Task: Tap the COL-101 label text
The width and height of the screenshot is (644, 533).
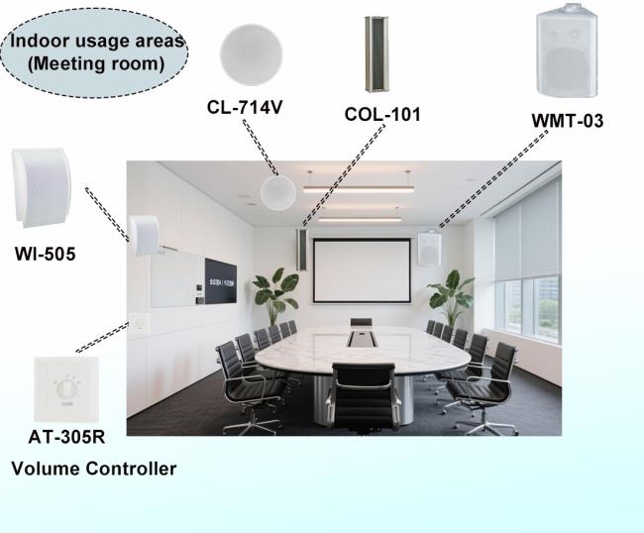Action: click(x=382, y=115)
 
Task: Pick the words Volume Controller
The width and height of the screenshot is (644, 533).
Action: click(x=94, y=469)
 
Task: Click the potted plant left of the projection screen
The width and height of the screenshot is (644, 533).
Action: click(x=274, y=293)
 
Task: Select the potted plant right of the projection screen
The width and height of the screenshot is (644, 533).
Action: click(x=449, y=294)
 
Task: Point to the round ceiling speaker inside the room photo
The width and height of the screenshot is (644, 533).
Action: click(x=276, y=188)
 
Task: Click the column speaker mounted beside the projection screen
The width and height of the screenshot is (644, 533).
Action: click(x=301, y=249)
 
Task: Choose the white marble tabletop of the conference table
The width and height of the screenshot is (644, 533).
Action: click(x=376, y=348)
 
